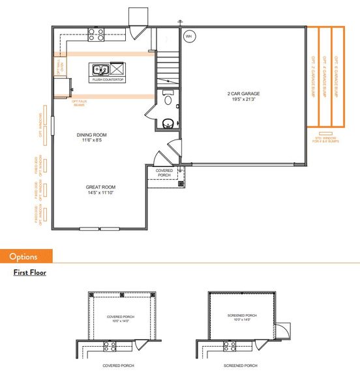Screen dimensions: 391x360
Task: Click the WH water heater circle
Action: point(189,36)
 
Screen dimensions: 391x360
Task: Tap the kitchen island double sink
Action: point(100,69)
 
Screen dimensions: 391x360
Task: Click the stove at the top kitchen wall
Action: point(96,32)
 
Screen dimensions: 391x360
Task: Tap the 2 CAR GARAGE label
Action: point(243,95)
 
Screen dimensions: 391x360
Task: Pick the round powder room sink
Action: point(167,123)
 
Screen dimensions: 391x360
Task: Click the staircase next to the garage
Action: point(168,65)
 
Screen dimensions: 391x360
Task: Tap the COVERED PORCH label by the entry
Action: point(164,172)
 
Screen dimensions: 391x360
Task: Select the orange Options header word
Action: point(23,257)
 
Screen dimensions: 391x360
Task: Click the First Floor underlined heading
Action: point(29,272)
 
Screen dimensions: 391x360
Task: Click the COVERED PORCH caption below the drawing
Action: point(119,366)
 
